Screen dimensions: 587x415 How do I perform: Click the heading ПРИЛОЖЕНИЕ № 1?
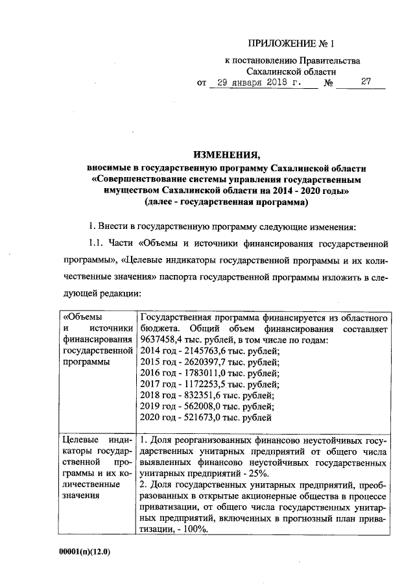[293, 45]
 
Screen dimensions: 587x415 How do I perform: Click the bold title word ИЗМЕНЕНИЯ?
[226, 154]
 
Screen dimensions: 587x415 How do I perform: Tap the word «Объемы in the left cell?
[82, 318]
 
